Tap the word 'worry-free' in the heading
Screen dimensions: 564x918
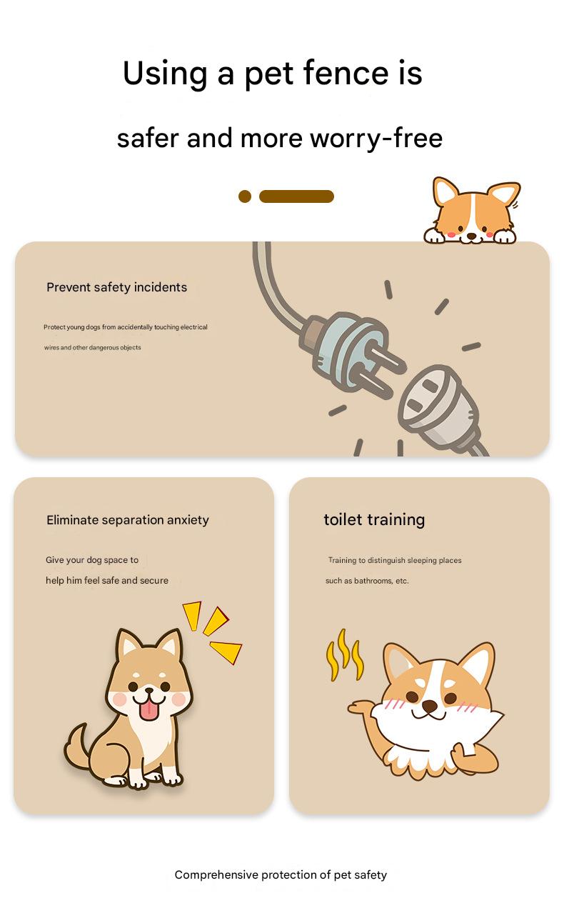[x=376, y=138]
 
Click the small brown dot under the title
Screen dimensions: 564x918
[x=245, y=196]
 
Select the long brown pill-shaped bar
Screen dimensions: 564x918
[x=296, y=196]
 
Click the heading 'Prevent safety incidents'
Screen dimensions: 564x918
[x=117, y=287]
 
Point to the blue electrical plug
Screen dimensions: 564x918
[x=348, y=352]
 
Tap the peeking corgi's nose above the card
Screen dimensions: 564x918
[x=472, y=236]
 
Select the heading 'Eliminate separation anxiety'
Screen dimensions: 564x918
[x=127, y=520]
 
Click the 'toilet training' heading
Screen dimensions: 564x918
[x=374, y=519]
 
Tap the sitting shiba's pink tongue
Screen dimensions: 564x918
[x=148, y=711]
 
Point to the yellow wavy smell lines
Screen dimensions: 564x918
[x=344, y=655]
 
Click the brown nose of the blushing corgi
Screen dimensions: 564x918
[x=430, y=705]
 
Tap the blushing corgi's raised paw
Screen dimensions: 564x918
[x=361, y=707]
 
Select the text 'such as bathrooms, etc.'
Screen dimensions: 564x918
[x=367, y=581]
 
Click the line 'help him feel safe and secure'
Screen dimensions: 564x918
[x=107, y=580]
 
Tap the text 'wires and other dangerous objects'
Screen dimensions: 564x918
[x=93, y=347]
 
